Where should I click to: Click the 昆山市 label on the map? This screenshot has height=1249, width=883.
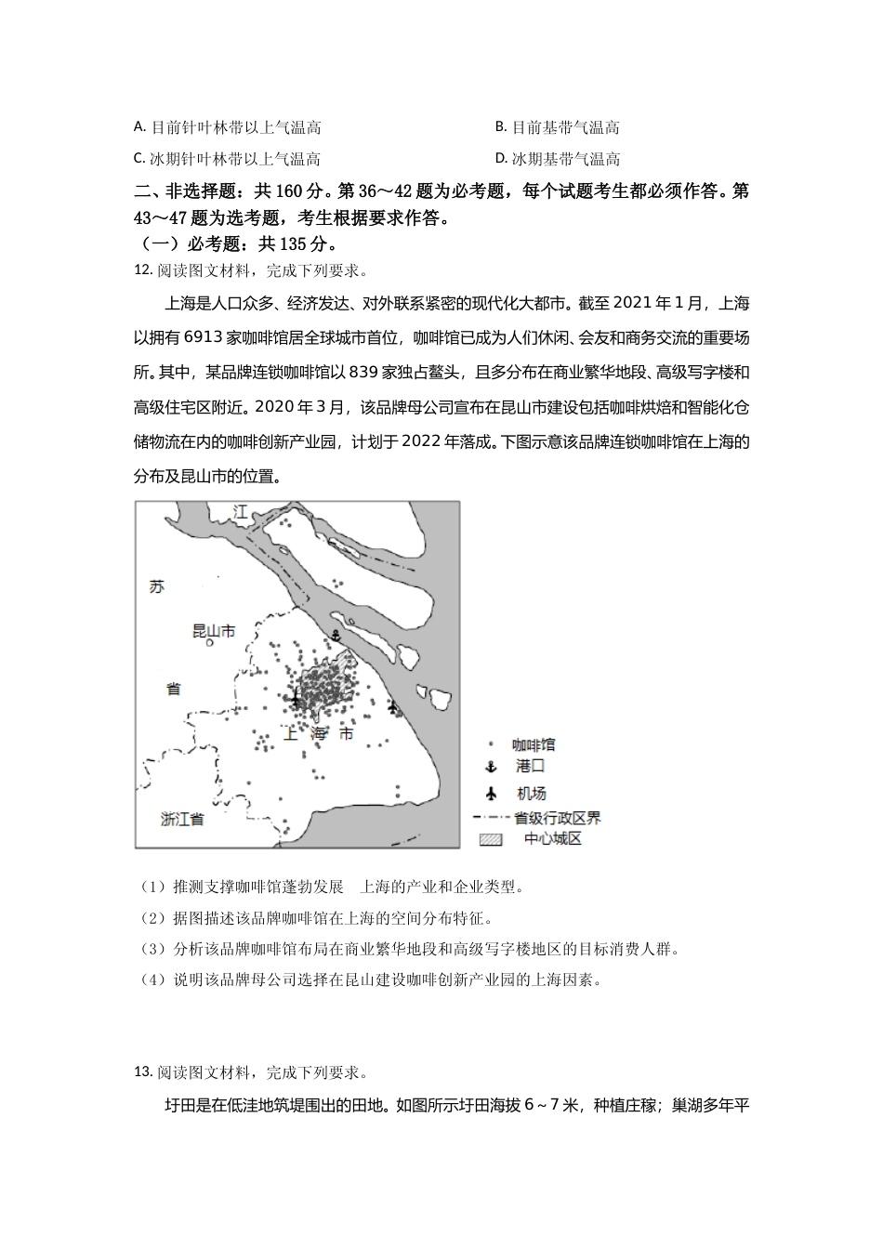tap(213, 630)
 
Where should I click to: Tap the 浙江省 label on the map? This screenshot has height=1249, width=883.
tap(182, 819)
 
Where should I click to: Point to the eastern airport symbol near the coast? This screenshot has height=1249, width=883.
tap(394, 708)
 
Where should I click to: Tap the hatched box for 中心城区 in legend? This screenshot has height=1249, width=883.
tap(490, 838)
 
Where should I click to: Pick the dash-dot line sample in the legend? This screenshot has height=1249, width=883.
tap(490, 818)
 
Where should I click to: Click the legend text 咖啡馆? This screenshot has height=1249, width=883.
tap(534, 744)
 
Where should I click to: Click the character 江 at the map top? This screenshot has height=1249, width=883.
tap(242, 512)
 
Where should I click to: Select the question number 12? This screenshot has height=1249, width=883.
tap(142, 270)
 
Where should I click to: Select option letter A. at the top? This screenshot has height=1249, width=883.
tap(139, 126)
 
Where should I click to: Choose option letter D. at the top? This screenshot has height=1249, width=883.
tap(502, 158)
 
